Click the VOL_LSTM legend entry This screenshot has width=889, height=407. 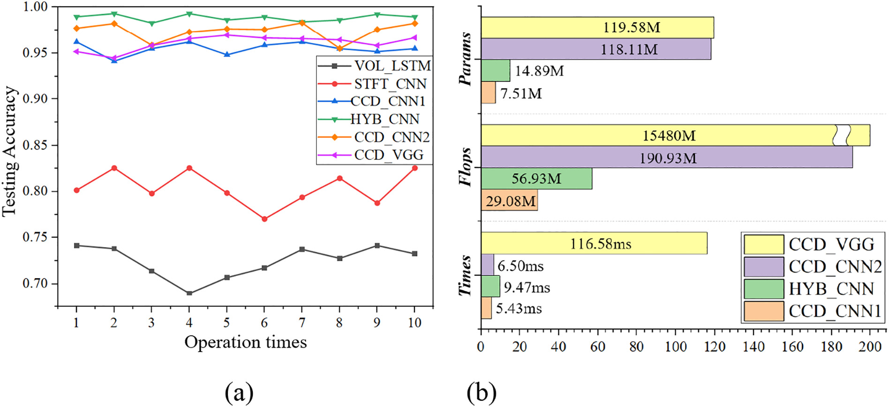[x=392, y=66]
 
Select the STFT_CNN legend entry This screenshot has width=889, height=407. [x=390, y=84]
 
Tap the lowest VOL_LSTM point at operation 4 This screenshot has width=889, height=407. [x=189, y=293]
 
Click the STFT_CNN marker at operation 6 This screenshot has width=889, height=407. [x=264, y=219]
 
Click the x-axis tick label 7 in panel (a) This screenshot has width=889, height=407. [x=302, y=323]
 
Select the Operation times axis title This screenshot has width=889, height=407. [x=245, y=342]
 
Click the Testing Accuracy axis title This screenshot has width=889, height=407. [x=9, y=151]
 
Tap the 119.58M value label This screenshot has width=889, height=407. [x=631, y=28]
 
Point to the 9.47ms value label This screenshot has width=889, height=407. [x=527, y=287]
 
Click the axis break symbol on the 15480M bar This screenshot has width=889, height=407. [x=842, y=135]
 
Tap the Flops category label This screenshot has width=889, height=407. [x=465, y=167]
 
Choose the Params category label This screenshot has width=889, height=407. [x=465, y=59]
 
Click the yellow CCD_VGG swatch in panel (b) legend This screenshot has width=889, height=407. [x=763, y=244]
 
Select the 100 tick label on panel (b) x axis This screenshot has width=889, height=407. [x=675, y=347]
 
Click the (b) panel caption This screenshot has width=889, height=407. [x=481, y=392]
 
